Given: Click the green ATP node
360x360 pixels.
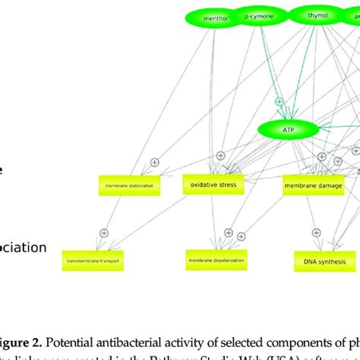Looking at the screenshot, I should [x=289, y=131].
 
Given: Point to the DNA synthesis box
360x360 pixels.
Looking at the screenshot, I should [x=320, y=262].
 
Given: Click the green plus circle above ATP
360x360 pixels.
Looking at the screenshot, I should [x=279, y=100].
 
